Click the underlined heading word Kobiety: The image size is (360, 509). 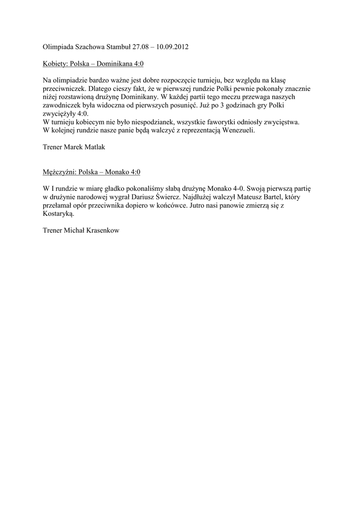55,64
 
